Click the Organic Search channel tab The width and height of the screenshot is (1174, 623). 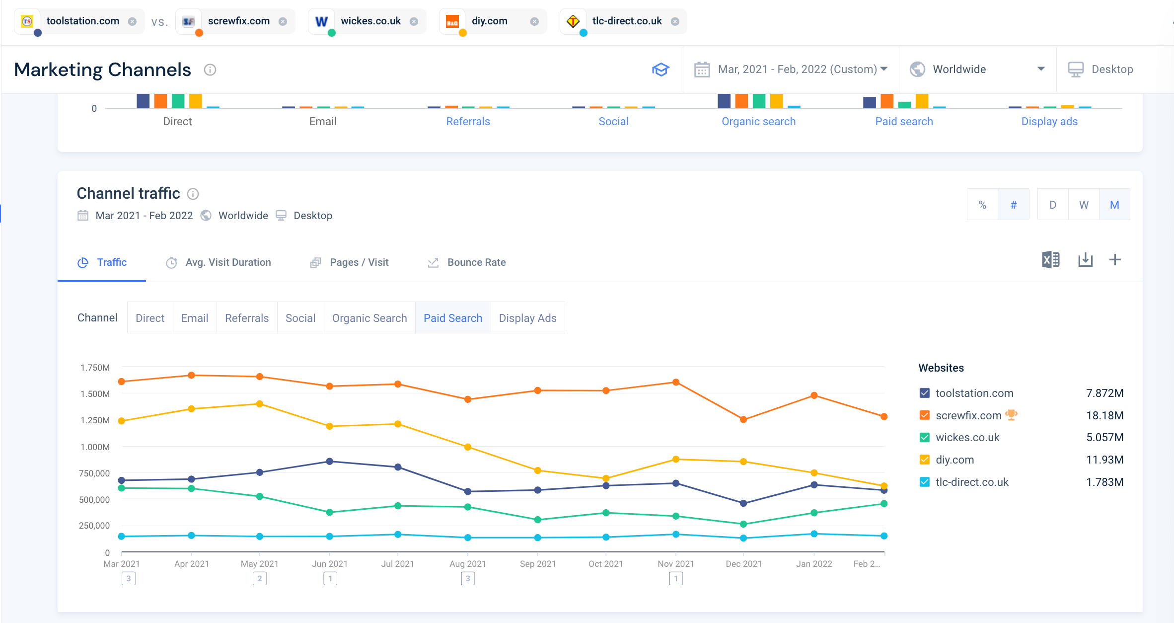pyautogui.click(x=369, y=318)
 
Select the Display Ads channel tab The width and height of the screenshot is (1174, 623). pyautogui.click(x=527, y=318)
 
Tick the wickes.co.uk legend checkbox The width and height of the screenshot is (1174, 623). pyautogui.click(x=924, y=438)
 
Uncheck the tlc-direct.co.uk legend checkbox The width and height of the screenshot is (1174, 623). pyautogui.click(x=924, y=482)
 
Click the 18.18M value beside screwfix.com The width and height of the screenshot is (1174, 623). pyautogui.click(x=1104, y=415)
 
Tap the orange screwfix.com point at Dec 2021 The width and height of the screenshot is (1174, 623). pyautogui.click(x=743, y=419)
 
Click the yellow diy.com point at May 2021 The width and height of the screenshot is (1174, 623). pyautogui.click(x=260, y=404)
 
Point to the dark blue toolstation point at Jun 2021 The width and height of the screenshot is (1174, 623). pyautogui.click(x=330, y=462)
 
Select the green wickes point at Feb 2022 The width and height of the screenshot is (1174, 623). pyautogui.click(x=884, y=504)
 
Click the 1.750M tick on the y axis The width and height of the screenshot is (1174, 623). pyautogui.click(x=95, y=368)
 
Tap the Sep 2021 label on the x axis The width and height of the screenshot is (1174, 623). pyautogui.click(x=538, y=564)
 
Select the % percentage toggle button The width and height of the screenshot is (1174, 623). pyautogui.click(x=982, y=205)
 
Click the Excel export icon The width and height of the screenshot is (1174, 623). pyautogui.click(x=1050, y=260)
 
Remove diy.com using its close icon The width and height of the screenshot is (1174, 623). pyautogui.click(x=534, y=21)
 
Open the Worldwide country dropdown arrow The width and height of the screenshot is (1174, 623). pyautogui.click(x=1041, y=69)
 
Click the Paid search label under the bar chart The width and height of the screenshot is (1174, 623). pyautogui.click(x=904, y=122)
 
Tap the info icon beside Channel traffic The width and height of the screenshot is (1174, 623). pyautogui.click(x=193, y=194)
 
